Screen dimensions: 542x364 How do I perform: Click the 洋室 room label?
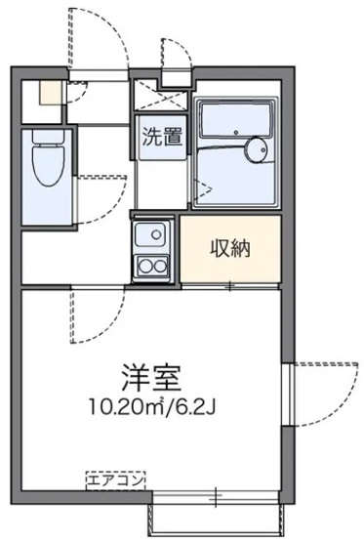click(152, 376)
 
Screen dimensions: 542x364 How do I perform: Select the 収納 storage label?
click(231, 247)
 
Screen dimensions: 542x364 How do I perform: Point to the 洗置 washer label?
click(159, 138)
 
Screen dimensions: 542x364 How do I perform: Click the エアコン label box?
click(115, 479)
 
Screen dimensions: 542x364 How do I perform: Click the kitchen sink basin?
click(151, 235)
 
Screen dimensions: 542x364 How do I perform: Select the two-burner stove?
click(151, 266)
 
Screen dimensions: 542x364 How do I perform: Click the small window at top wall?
click(175, 77)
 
